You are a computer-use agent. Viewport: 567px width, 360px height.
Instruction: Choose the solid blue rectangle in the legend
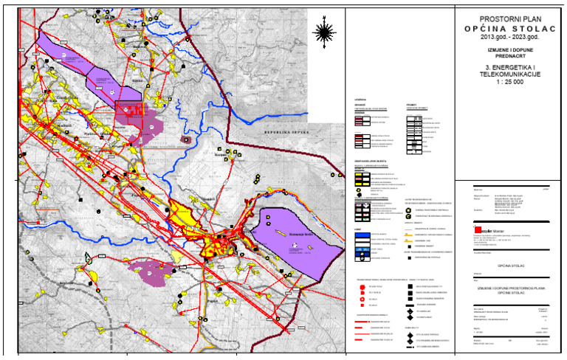coord(362,233)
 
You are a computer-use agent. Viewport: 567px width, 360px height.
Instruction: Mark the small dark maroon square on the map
coord(185,138)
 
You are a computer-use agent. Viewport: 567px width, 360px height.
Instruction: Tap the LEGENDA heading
coord(360,100)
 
